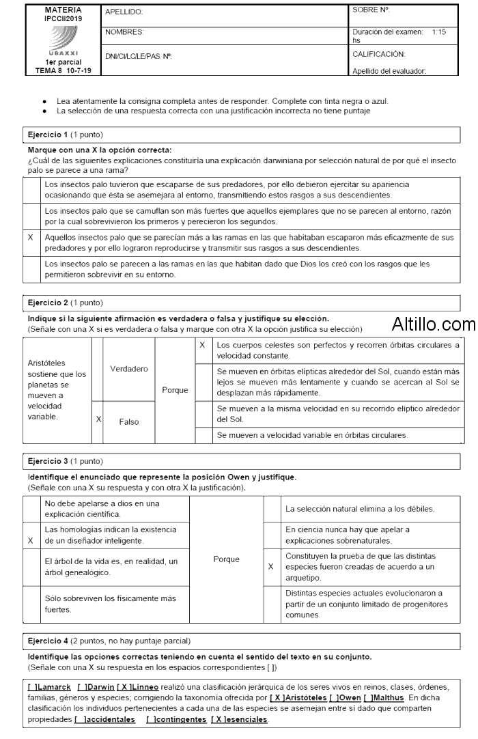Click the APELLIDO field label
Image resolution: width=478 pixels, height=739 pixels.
tap(124, 12)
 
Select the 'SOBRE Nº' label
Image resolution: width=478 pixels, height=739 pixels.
tap(371, 10)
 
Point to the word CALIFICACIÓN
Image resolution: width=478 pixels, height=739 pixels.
tap(379, 53)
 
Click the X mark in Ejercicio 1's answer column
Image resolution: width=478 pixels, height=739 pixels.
tap(30, 238)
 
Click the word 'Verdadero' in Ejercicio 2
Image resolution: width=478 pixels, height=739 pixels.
tap(129, 369)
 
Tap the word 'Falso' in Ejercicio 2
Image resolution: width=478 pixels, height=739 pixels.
tap(129, 422)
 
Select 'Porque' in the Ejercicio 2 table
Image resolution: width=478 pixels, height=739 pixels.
tap(175, 390)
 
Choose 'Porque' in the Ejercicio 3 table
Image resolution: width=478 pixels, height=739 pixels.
tap(227, 559)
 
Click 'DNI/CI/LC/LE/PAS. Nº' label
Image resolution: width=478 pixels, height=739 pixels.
tap(138, 55)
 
